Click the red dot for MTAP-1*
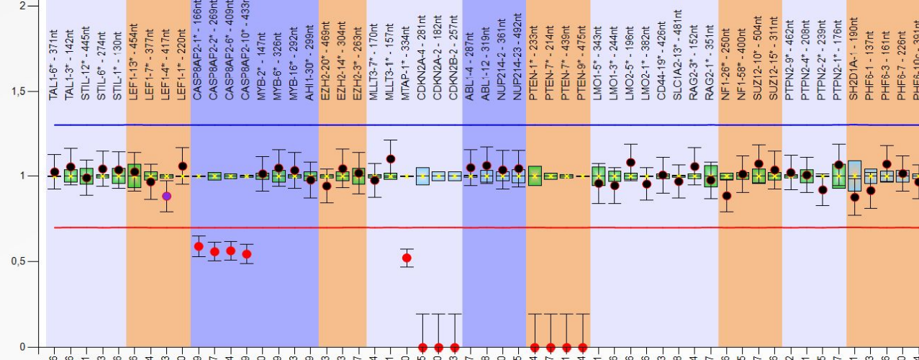407,258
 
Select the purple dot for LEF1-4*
166,196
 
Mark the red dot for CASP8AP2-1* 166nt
199,246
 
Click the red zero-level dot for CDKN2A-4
422,347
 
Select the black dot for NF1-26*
727,195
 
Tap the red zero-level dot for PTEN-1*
534,347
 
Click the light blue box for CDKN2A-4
422,176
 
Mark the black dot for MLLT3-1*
390,159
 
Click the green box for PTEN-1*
535,176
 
